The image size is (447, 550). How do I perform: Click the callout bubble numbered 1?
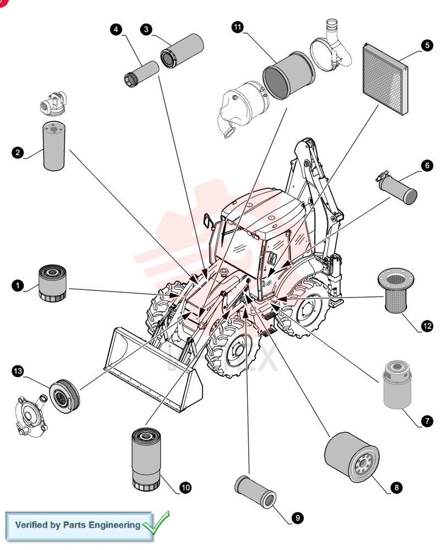pyautogui.click(x=18, y=285)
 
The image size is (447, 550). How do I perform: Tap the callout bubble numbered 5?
pyautogui.click(x=427, y=45)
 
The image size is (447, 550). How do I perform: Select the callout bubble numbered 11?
pyautogui.click(x=238, y=27)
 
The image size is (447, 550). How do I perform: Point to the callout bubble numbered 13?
pyautogui.click(x=18, y=371)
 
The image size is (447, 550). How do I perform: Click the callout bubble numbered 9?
pyautogui.click(x=298, y=518)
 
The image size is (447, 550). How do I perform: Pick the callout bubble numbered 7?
pyautogui.click(x=427, y=421)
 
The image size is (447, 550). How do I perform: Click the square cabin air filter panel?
pyautogui.click(x=385, y=79)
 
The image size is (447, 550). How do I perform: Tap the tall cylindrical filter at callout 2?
pyautogui.click(x=54, y=146)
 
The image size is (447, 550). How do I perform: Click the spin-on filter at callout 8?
pyautogui.click(x=352, y=457)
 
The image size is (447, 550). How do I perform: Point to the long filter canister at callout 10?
pyautogui.click(x=146, y=459)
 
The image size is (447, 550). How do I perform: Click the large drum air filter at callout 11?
pyautogui.click(x=289, y=75)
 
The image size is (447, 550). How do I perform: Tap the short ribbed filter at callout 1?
pyautogui.click(x=52, y=283)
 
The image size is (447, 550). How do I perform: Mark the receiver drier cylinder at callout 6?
pyautogui.click(x=397, y=187)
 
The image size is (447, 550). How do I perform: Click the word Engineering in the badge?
pyautogui.click(x=114, y=525)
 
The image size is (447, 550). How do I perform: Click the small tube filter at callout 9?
pyautogui.click(x=255, y=491)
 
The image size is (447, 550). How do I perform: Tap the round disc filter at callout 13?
pyautogui.click(x=64, y=396)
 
